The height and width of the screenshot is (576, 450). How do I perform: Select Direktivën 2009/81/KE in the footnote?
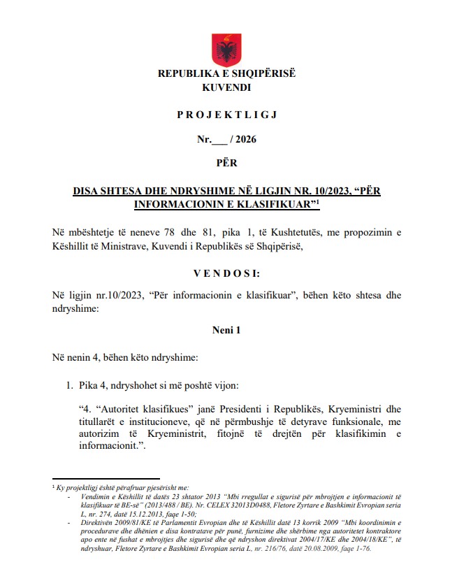pos(119,521)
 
